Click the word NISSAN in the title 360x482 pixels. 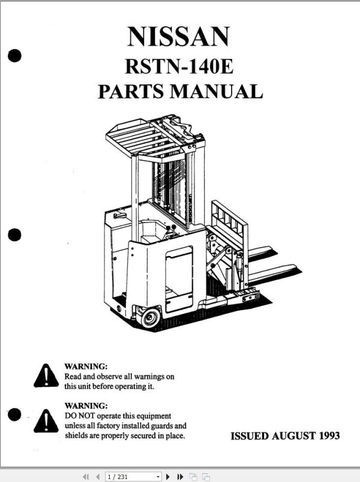click(x=178, y=37)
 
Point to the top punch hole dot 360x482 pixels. click(x=15, y=56)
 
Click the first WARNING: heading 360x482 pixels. click(x=86, y=366)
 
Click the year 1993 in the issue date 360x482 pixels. click(x=328, y=436)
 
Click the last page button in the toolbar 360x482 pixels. click(x=180, y=477)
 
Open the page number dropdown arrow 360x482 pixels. click(x=158, y=477)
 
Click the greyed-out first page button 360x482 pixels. click(x=85, y=477)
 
